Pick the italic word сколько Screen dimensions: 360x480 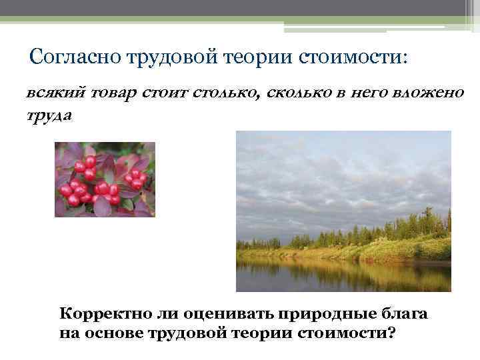point(297,93)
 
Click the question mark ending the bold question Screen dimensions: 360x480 point(391,331)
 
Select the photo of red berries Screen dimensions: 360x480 point(105,179)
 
